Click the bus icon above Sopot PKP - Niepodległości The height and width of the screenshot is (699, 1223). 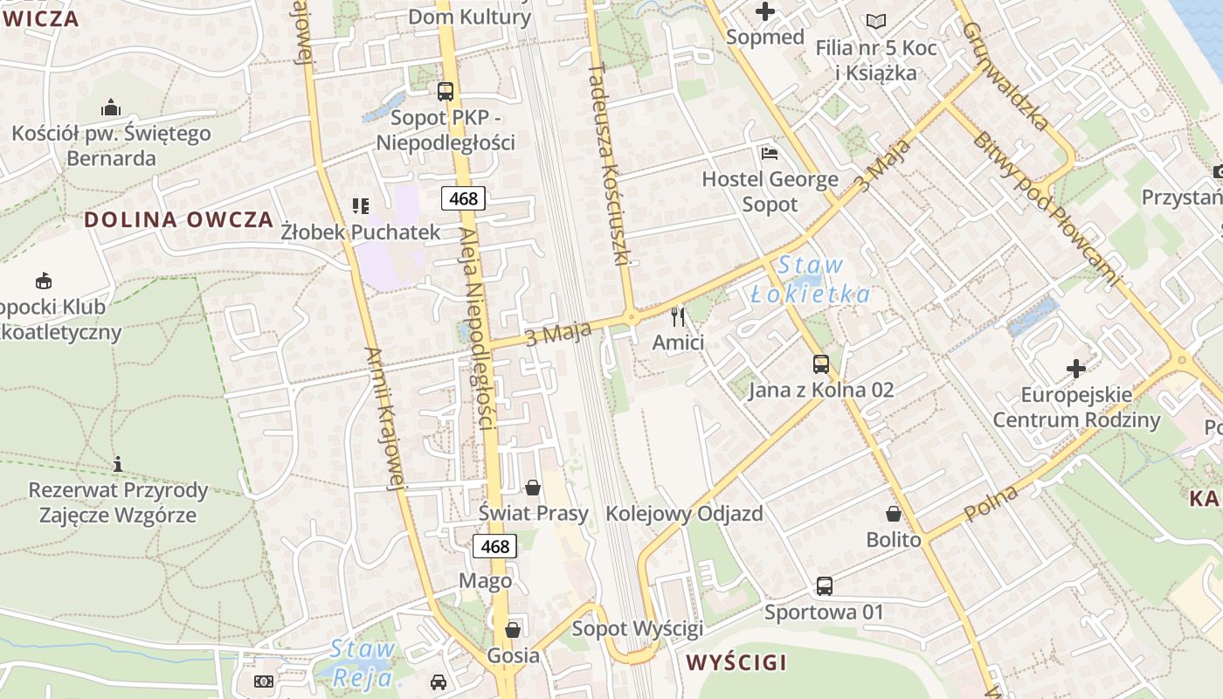click(x=446, y=91)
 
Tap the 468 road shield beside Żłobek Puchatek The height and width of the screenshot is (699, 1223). click(x=463, y=198)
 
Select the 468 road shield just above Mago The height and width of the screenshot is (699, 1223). click(x=494, y=547)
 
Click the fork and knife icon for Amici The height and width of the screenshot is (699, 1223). click(x=678, y=316)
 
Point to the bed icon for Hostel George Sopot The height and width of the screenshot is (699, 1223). click(x=770, y=154)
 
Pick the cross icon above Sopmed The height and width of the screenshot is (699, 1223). click(x=765, y=11)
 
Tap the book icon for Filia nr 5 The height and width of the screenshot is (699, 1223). click(x=876, y=21)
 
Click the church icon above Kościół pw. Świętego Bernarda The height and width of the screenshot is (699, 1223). click(x=111, y=107)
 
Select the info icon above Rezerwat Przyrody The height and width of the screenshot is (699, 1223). click(x=118, y=464)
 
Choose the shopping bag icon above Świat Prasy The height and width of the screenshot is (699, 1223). click(x=533, y=487)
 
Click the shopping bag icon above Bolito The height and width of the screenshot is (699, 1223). click(x=894, y=514)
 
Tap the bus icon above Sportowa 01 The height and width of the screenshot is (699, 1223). click(x=824, y=585)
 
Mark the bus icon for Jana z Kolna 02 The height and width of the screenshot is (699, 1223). click(x=821, y=363)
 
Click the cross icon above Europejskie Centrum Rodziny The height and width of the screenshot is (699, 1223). click(x=1076, y=369)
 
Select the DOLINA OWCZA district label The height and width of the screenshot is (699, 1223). click(x=179, y=219)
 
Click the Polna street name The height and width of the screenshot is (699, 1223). click(x=992, y=504)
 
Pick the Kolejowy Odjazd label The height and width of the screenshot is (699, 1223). click(x=684, y=514)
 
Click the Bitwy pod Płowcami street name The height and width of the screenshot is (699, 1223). click(x=1044, y=210)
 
